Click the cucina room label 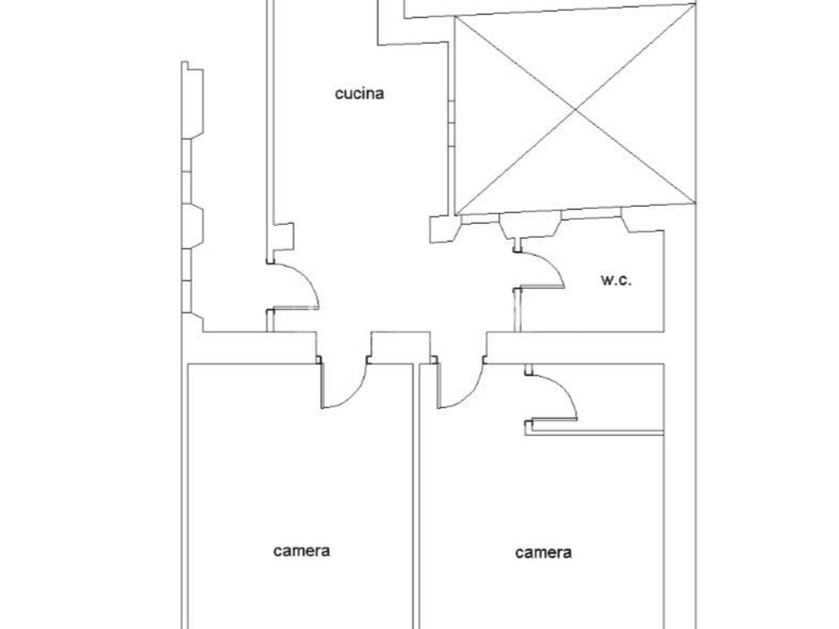359,94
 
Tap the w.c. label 615,280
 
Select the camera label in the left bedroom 302,551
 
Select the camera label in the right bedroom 543,553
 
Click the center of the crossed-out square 576,110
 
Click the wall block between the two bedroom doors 400,347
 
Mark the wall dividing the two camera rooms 416,497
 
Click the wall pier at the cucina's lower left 283,237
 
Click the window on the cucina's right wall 452,123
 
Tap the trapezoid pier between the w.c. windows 530,225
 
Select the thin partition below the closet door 595,432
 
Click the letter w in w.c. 606,280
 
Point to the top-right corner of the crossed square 695,4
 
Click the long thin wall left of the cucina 270,130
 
